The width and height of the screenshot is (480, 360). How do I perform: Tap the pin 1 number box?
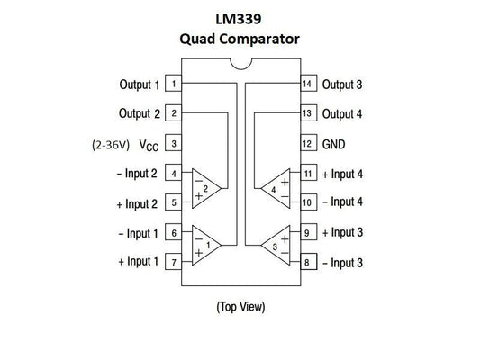(173, 85)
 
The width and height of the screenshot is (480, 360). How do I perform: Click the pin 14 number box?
(306, 85)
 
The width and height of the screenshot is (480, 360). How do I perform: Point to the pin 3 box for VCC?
(173, 144)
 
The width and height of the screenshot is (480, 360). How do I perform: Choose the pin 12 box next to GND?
(306, 144)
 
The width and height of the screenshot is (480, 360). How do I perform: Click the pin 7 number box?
(173, 262)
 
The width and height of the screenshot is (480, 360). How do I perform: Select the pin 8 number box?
(306, 262)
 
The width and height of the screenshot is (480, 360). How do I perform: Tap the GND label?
(335, 144)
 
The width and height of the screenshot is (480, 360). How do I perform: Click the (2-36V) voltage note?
(113, 144)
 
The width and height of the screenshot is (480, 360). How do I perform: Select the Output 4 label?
(342, 114)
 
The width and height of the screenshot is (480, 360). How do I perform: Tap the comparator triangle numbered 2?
(205, 188)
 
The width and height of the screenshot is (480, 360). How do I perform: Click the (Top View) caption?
(240, 306)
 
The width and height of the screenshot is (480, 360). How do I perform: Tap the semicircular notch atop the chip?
(240, 64)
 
